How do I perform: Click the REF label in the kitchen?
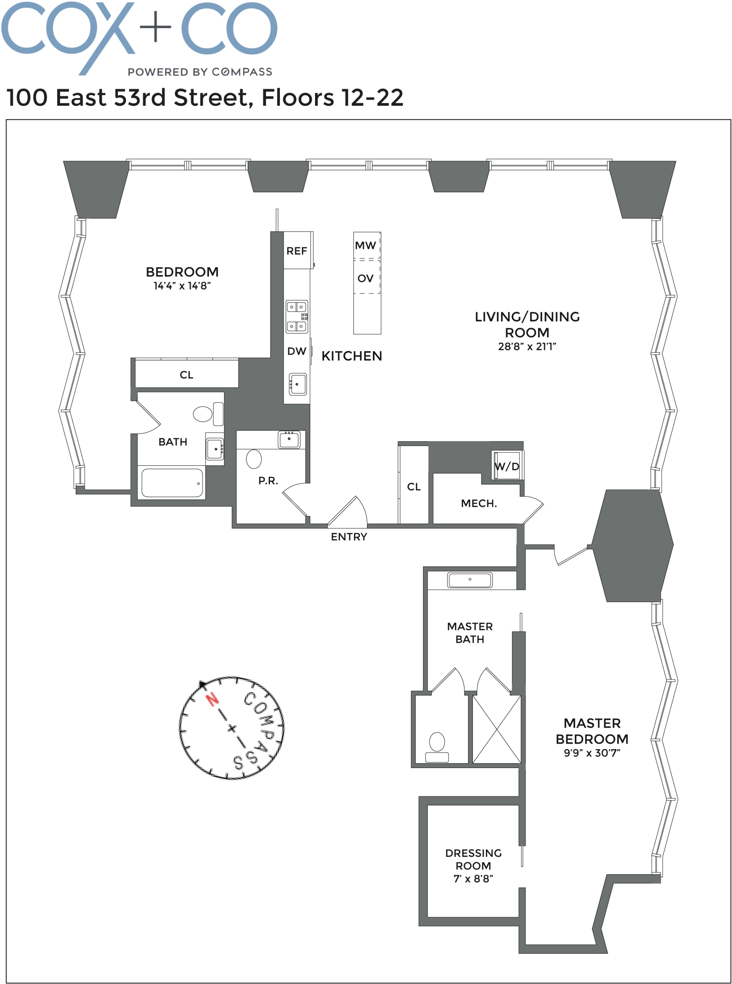(x=297, y=251)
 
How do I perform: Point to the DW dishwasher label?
(x=297, y=351)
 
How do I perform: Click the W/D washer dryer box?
(x=507, y=465)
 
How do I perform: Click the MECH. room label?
(x=479, y=503)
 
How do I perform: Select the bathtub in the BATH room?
(x=172, y=483)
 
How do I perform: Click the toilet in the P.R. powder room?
(x=254, y=459)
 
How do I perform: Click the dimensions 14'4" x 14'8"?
(x=182, y=286)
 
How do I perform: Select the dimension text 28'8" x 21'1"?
(x=527, y=346)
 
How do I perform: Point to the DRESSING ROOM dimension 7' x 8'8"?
(x=473, y=879)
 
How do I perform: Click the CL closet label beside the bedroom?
(x=187, y=375)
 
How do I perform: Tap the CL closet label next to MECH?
(x=413, y=487)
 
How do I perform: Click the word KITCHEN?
(x=351, y=356)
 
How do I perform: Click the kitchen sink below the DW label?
(x=298, y=384)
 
